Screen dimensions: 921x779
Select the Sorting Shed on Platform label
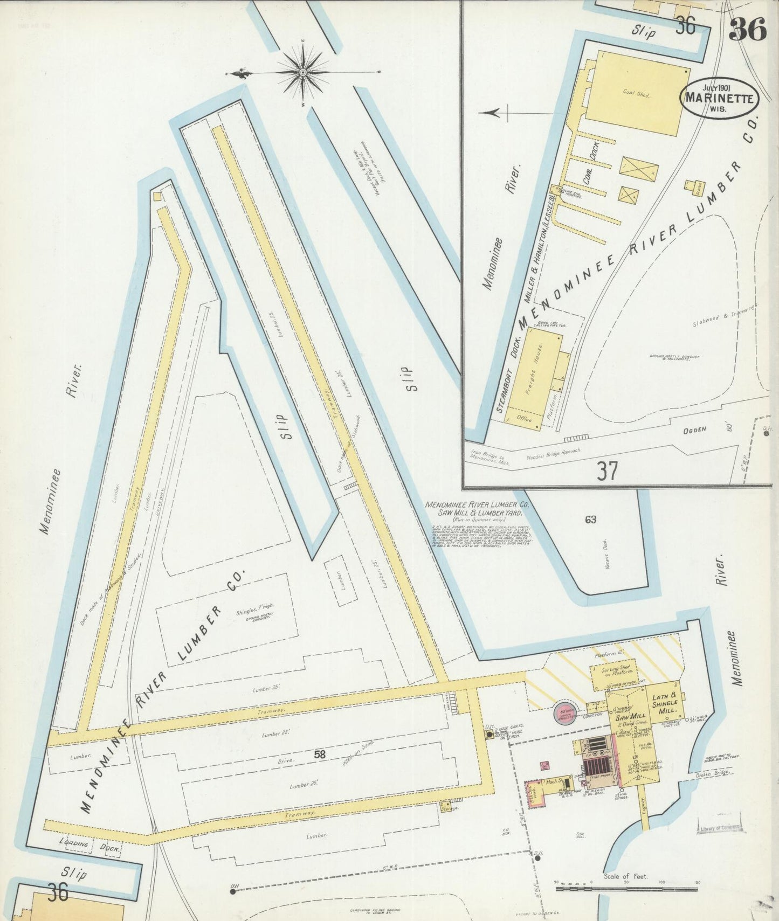pos(615,671)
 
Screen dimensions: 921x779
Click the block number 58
pos(320,755)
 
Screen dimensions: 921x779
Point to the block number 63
pos(590,520)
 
